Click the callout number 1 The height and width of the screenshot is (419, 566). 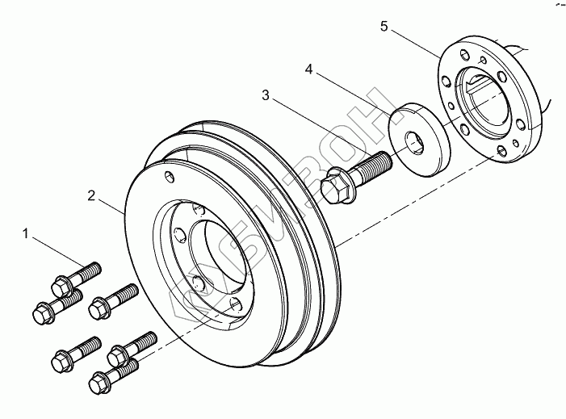[x=27, y=234]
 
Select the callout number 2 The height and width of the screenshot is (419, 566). [x=92, y=195]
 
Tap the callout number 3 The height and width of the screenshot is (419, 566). [x=266, y=95]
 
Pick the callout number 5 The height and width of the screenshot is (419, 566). [x=384, y=27]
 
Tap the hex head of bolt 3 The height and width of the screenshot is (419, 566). [x=333, y=186]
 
